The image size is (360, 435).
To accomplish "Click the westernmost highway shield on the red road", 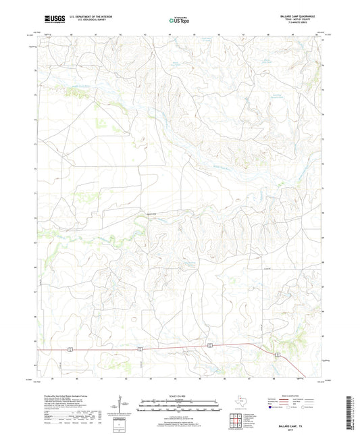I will point(70,349).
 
